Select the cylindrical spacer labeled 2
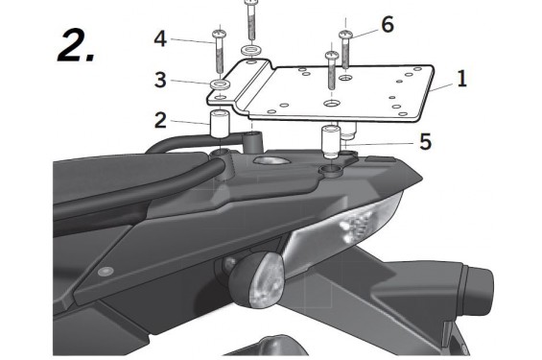pyautogui.click(x=219, y=125)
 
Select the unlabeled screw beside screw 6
pyautogui.click(x=331, y=67)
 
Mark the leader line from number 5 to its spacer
pyautogui.click(x=384, y=142)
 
